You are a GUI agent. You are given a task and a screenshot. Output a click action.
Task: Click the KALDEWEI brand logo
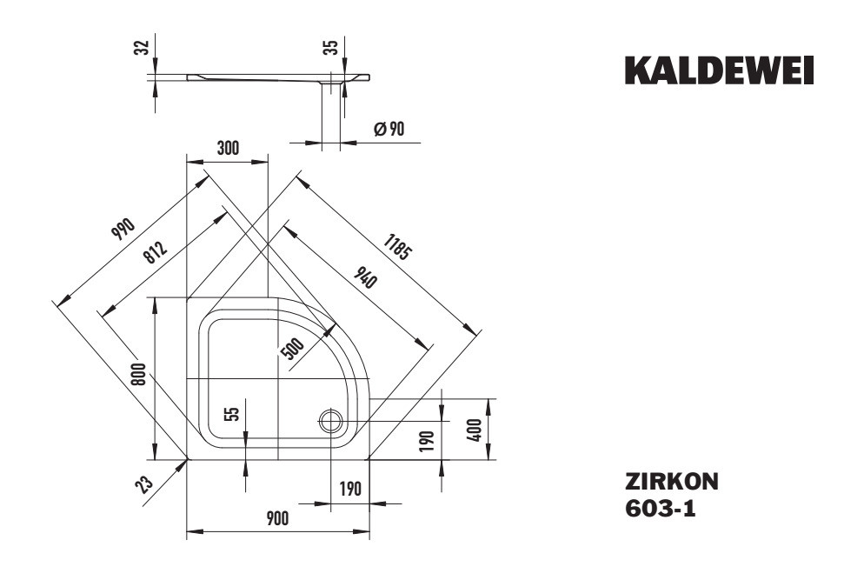click(720, 72)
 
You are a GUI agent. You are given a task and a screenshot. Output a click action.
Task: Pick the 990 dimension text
click(123, 229)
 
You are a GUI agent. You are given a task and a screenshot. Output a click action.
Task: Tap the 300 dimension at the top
click(227, 148)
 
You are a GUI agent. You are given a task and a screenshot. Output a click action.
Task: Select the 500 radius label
click(293, 347)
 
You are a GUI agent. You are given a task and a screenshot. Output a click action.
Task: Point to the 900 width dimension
click(276, 518)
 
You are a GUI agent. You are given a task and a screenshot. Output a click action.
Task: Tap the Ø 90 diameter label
click(388, 129)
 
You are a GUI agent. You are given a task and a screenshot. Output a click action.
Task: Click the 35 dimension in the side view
click(331, 48)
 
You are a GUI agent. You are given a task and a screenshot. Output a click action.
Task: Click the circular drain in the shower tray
click(331, 422)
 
